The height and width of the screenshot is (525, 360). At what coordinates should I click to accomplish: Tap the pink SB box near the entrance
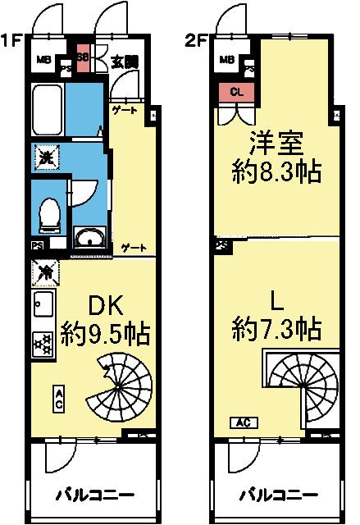coord(83,58)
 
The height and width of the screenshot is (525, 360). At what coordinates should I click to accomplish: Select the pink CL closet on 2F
coord(235,92)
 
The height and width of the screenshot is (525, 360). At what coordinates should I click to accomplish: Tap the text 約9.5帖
coord(105,334)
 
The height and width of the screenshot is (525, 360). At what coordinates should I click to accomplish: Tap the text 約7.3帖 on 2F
coord(276,330)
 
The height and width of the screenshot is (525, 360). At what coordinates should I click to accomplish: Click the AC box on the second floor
coord(244,423)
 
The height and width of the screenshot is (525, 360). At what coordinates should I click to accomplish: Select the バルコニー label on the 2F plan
coord(278,495)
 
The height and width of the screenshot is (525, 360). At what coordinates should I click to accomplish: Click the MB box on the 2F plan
coord(226,58)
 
